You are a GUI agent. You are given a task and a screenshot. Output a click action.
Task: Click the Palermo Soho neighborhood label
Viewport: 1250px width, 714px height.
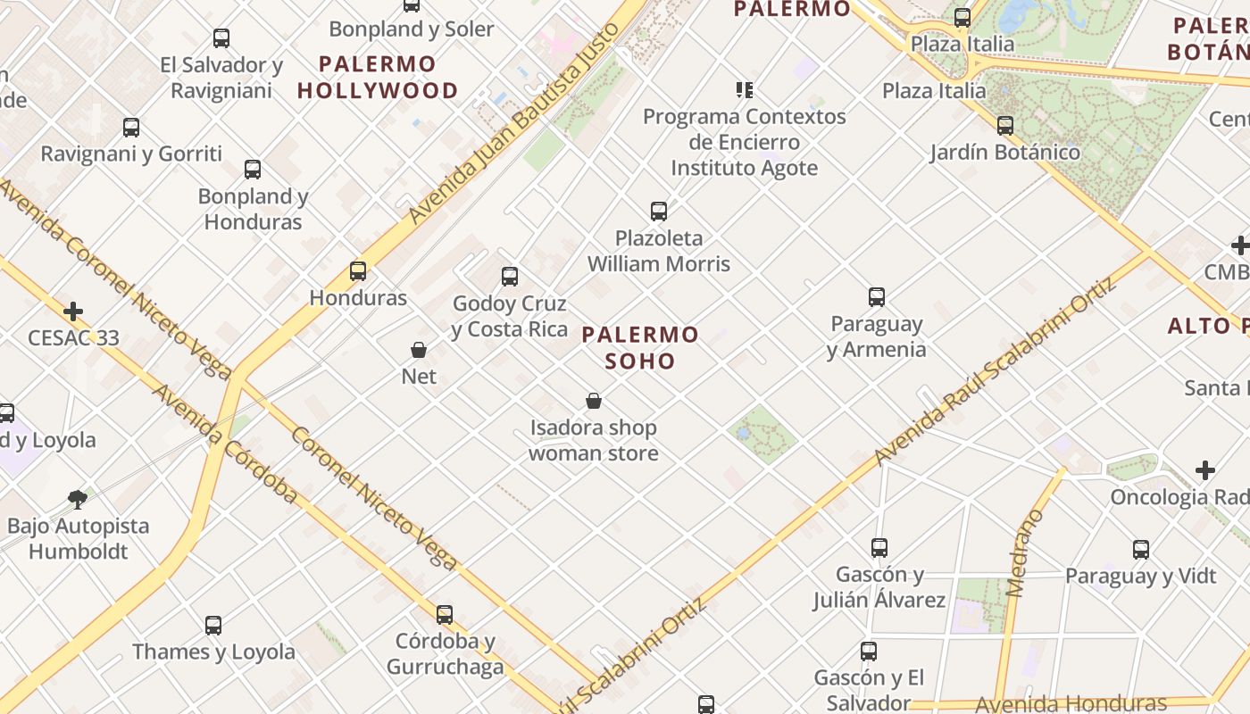click(x=640, y=348)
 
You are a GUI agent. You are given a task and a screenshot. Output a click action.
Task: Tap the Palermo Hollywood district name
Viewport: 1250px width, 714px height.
click(x=377, y=77)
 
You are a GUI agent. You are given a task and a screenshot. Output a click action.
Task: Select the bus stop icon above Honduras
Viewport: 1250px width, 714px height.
click(x=358, y=270)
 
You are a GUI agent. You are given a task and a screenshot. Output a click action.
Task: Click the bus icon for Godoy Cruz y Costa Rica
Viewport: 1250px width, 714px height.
click(x=510, y=277)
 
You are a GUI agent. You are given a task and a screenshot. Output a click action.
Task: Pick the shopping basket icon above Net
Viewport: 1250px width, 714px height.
click(x=419, y=349)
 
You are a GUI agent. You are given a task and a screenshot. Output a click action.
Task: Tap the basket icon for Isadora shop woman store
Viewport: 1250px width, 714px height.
click(x=594, y=401)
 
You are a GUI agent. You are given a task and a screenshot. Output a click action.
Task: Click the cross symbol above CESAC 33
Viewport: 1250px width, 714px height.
click(x=73, y=311)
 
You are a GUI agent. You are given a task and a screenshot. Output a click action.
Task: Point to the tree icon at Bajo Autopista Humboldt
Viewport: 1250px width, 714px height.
click(x=78, y=499)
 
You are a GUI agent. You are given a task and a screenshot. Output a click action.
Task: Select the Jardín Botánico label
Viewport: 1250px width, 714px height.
click(x=1004, y=152)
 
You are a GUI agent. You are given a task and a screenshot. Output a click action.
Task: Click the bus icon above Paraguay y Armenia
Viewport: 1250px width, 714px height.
click(x=877, y=296)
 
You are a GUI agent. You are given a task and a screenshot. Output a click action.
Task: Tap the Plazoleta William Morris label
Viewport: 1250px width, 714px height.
click(x=659, y=251)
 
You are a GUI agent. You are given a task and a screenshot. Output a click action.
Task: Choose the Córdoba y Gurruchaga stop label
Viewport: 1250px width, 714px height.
click(x=445, y=653)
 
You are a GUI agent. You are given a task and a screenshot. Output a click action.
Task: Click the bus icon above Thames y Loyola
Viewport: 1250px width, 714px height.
click(x=212, y=625)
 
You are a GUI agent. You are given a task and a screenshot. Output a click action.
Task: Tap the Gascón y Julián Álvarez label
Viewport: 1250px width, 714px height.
click(x=879, y=586)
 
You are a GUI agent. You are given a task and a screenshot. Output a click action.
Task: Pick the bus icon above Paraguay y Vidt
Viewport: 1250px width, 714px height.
click(x=1140, y=549)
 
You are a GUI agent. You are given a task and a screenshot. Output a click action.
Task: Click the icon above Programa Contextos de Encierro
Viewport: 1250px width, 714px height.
click(x=744, y=89)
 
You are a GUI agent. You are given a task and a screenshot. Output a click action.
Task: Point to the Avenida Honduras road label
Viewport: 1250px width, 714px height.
click(x=1071, y=703)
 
